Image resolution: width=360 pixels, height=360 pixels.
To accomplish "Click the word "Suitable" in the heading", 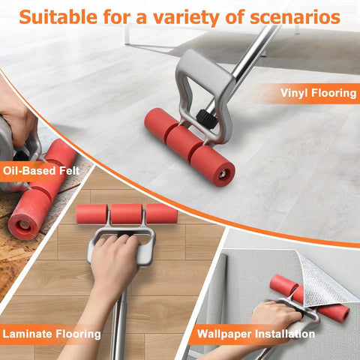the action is (x=58, y=17).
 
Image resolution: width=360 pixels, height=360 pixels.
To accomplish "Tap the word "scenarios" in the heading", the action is (x=295, y=17).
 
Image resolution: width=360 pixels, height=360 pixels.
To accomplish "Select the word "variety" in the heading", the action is (x=186, y=18).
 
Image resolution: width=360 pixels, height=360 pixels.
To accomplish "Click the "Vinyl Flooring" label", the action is (x=318, y=93).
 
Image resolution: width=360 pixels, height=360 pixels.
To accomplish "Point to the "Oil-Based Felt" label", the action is (x=41, y=171).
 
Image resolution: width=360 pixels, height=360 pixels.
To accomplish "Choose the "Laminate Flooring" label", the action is (x=52, y=334).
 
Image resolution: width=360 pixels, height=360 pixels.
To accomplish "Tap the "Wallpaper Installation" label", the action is (x=256, y=334).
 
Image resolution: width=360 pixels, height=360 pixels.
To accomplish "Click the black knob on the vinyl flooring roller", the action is (x=205, y=117).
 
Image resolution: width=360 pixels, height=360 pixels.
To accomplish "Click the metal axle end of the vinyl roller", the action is (x=221, y=174).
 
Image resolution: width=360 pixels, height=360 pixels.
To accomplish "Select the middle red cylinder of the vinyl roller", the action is (x=184, y=142).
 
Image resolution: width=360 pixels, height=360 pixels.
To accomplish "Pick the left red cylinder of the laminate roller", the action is (x=91, y=214).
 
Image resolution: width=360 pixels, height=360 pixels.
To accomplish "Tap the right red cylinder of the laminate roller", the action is (x=162, y=214).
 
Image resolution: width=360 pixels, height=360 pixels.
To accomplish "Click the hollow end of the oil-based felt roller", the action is (x=23, y=225).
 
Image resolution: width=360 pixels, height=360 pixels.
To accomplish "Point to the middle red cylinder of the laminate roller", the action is (x=127, y=214).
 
